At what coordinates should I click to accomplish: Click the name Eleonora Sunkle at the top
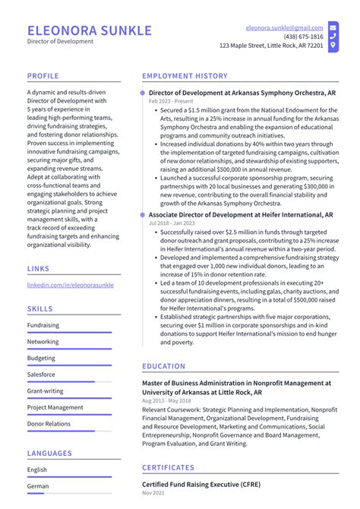coord(89,30)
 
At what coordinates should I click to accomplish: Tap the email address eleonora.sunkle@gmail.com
coord(284,27)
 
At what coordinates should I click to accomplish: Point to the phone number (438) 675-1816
coord(303,36)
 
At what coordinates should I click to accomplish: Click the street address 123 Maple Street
coord(271,46)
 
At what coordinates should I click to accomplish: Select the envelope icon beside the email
coord(333,27)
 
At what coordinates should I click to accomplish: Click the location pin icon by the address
coord(333,46)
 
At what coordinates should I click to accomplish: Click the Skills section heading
coord(40,309)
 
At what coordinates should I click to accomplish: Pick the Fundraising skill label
coord(43,325)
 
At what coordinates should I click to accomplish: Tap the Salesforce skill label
coord(41,375)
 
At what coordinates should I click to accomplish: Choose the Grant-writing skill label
coord(45,391)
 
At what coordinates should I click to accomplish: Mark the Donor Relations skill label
coord(49,424)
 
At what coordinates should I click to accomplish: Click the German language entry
coord(37,485)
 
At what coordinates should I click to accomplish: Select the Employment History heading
coord(185,76)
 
